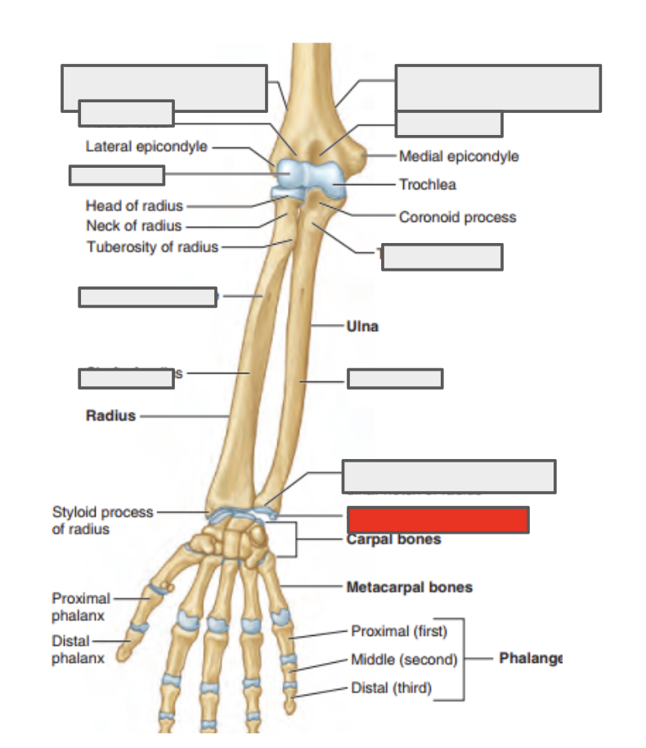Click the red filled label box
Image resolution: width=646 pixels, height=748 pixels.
[437, 520]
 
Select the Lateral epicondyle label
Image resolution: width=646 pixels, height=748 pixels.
[146, 146]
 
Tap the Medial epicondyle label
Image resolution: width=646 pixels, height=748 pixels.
[459, 155]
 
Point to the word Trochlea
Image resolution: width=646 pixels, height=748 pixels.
[428, 185]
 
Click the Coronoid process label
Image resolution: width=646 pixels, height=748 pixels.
[457, 217]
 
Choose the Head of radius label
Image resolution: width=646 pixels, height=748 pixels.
[134, 205]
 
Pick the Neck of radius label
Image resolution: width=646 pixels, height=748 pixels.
[133, 226]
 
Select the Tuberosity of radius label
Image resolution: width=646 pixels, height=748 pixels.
[152, 247]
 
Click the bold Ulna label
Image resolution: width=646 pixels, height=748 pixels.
[362, 326]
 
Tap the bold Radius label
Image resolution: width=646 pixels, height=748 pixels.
[110, 416]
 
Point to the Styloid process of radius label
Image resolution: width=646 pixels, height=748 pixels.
[102, 520]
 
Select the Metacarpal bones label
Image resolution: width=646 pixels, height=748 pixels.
[409, 587]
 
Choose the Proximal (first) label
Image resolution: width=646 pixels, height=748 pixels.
[399, 631]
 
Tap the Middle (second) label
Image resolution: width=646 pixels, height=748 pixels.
[403, 660]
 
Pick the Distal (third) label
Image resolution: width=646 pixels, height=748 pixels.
[391, 687]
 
